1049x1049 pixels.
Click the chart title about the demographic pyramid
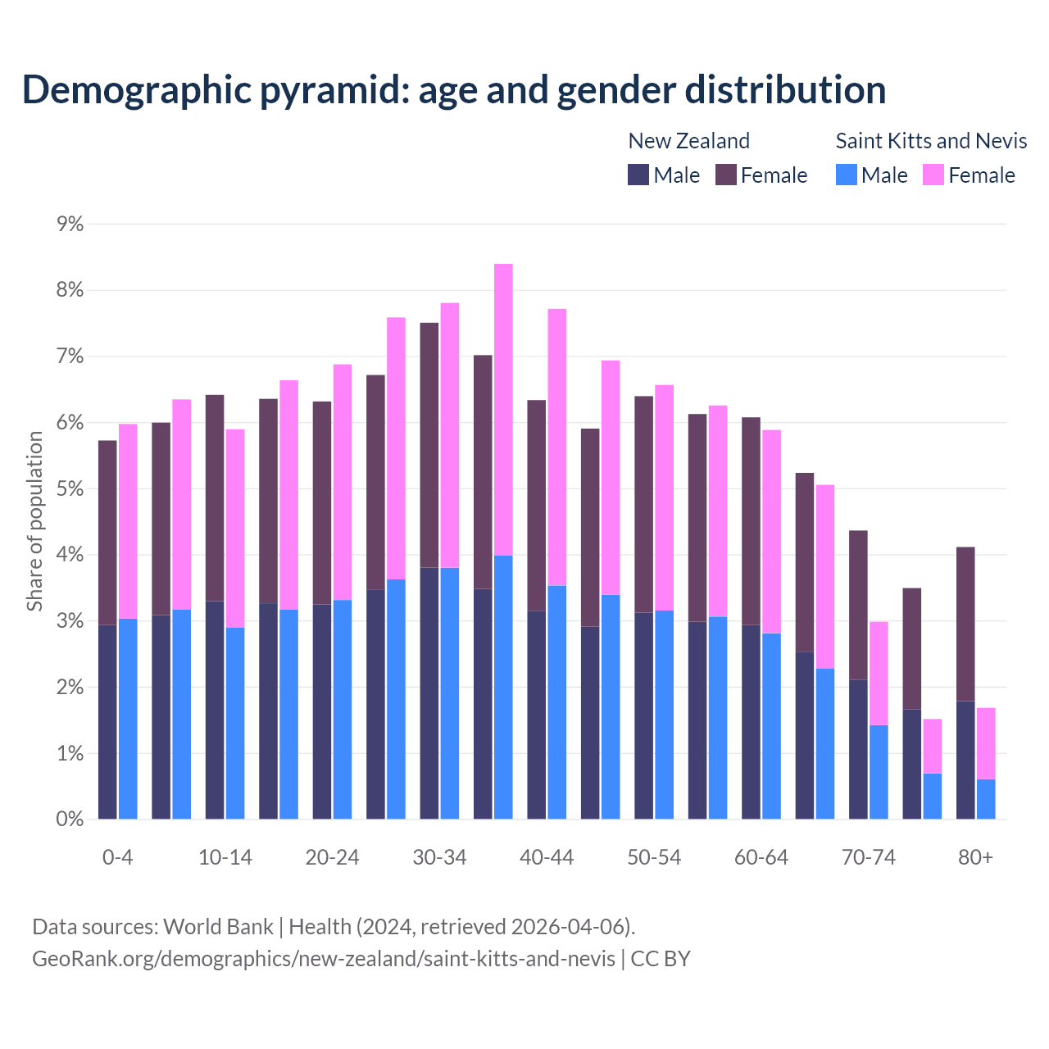pyautogui.click(x=454, y=90)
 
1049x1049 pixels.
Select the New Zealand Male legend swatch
pyautogui.click(x=638, y=175)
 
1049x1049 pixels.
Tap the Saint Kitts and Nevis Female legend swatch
pyautogui.click(x=933, y=175)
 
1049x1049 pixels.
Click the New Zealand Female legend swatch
pyautogui.click(x=726, y=175)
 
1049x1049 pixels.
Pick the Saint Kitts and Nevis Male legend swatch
pyautogui.click(x=847, y=175)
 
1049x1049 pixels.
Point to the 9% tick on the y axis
pyautogui.click(x=70, y=225)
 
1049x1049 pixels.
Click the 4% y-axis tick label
pyautogui.click(x=70, y=556)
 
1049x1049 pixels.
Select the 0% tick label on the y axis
pyautogui.click(x=70, y=819)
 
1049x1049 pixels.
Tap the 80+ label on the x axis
pyautogui.click(x=975, y=858)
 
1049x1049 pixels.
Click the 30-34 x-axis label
pyautogui.click(x=439, y=858)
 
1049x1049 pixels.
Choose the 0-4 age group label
pyautogui.click(x=117, y=858)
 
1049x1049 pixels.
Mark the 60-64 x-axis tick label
pyautogui.click(x=761, y=858)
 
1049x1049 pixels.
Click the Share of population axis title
pyautogui.click(x=35, y=521)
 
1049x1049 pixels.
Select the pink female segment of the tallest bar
pyautogui.click(x=503, y=410)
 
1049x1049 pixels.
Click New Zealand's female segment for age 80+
pyautogui.click(x=965, y=624)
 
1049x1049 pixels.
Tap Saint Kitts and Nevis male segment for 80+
pyautogui.click(x=986, y=799)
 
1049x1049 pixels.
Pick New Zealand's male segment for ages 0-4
pyautogui.click(x=107, y=721)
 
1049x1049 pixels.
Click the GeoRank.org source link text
pyautogui.click(x=323, y=959)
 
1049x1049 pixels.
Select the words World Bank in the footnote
pyautogui.click(x=218, y=927)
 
